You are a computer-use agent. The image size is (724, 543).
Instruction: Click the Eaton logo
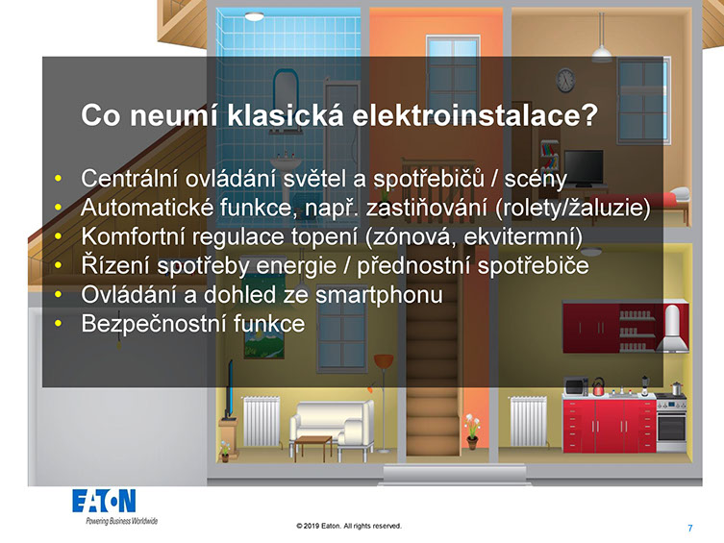[104, 501]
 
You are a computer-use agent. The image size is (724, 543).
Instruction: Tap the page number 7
[689, 529]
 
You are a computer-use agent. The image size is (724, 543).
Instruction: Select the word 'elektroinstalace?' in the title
[475, 115]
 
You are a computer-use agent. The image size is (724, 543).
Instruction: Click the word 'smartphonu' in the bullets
[379, 295]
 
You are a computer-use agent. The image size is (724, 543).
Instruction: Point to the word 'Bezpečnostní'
[154, 324]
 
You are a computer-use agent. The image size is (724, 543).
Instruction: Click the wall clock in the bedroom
[565, 81]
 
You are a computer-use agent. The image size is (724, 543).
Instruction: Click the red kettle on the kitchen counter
[598, 386]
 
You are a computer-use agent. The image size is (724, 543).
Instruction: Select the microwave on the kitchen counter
[576, 386]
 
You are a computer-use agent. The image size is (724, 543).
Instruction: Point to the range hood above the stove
[672, 329]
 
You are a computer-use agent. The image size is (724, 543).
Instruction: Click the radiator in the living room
[262, 421]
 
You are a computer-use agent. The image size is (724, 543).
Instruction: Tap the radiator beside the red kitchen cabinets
[528, 421]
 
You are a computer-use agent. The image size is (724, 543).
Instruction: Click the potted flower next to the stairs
[472, 432]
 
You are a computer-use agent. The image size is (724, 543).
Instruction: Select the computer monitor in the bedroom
[584, 168]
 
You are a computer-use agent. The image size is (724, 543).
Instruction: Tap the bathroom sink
[286, 161]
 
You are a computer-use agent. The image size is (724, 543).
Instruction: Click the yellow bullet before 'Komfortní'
[58, 236]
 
